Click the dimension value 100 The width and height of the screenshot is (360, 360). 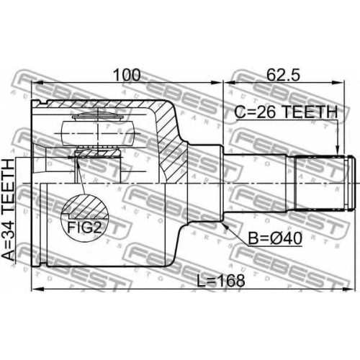127,75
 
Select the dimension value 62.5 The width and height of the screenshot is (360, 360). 283,75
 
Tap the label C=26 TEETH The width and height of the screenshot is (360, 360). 286,112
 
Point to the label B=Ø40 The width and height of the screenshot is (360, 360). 275,238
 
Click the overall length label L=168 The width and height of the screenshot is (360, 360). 221,280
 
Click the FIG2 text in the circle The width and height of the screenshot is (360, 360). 84,228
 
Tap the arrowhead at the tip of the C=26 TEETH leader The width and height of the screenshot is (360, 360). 338,150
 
